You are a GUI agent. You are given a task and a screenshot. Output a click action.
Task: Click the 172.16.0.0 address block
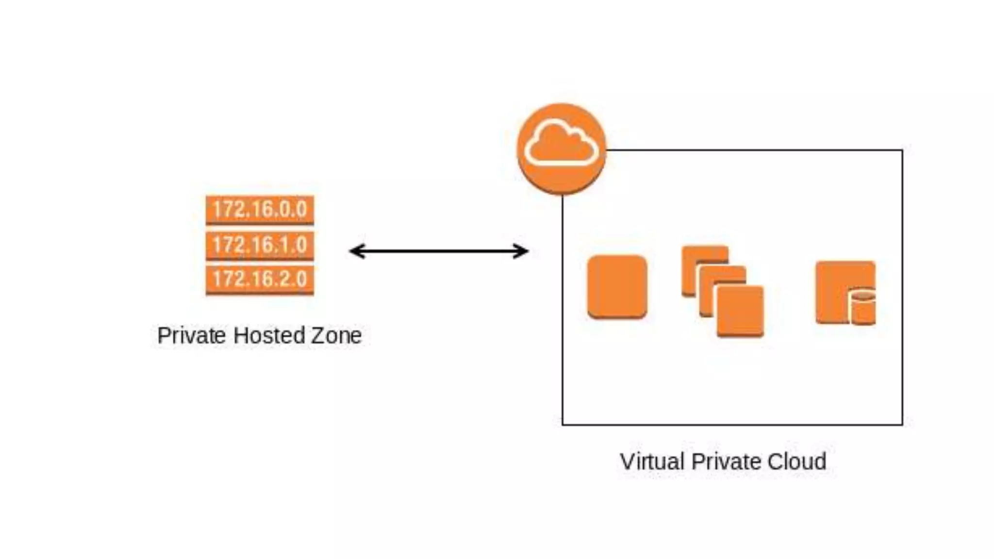pos(260,210)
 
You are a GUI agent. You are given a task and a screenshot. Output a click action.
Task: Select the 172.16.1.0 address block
pos(260,245)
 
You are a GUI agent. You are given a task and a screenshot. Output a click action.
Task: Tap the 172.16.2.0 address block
pos(260,279)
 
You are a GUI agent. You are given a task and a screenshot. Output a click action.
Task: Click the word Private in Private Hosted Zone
pos(192,336)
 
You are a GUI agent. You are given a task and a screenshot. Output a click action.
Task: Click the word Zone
pos(336,335)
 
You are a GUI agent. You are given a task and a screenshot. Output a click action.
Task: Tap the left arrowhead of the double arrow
pos(354,251)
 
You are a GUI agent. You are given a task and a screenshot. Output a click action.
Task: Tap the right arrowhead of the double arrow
pos(523,251)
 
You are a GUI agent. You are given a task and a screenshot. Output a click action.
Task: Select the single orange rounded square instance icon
pos(617,287)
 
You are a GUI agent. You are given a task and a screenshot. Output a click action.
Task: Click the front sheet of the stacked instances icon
pos(740,311)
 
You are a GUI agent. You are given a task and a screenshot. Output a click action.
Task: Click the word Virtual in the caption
pos(652,461)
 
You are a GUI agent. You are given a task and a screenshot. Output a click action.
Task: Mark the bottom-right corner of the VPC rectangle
pos(902,425)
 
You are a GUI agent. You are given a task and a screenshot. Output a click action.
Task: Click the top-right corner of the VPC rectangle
pos(902,150)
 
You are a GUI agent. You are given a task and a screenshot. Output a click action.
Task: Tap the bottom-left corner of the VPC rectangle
pos(563,425)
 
